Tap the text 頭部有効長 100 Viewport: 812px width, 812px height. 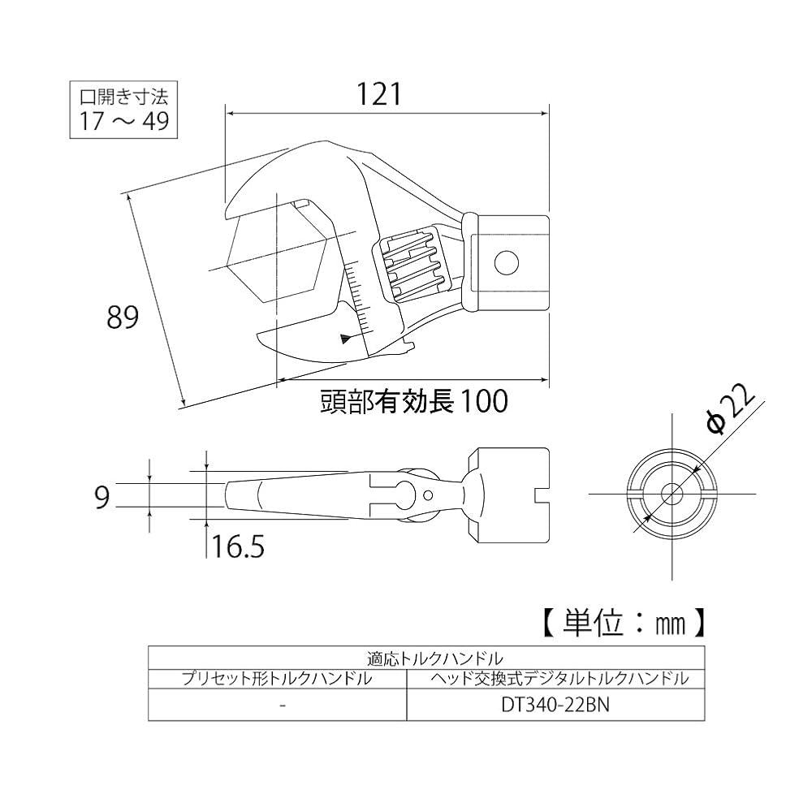(413, 400)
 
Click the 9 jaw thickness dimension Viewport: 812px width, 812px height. (101, 496)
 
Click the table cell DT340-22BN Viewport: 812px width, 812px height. (555, 705)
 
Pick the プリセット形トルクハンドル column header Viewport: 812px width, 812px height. (278, 678)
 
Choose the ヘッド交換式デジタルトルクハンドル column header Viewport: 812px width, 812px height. (555, 678)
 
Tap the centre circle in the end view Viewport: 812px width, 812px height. (672, 494)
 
